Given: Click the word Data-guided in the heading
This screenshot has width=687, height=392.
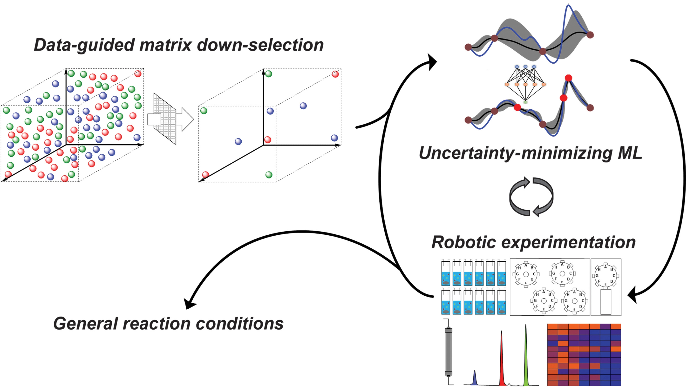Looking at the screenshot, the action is tap(84, 45).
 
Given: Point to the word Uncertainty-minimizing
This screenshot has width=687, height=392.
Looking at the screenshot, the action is tap(514, 153).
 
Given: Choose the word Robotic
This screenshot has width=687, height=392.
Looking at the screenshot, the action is tap(463, 242).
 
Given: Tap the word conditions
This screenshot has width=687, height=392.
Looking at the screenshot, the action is tap(239, 323).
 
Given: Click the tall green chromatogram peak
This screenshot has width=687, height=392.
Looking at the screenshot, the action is tap(526, 355).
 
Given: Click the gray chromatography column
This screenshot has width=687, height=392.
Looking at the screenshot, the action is tap(448, 351).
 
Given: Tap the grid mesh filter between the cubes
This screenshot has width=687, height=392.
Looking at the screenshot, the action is tap(165, 119).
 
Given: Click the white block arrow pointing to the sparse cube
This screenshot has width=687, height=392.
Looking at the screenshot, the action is tap(185, 119).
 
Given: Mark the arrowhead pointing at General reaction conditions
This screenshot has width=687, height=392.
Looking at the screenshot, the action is tap(190, 303).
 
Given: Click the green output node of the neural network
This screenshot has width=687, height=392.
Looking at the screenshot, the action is tap(525, 102).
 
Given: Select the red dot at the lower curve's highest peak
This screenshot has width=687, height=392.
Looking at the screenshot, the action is tap(568, 78).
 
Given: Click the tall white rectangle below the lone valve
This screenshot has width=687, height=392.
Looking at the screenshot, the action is tap(606, 302).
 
